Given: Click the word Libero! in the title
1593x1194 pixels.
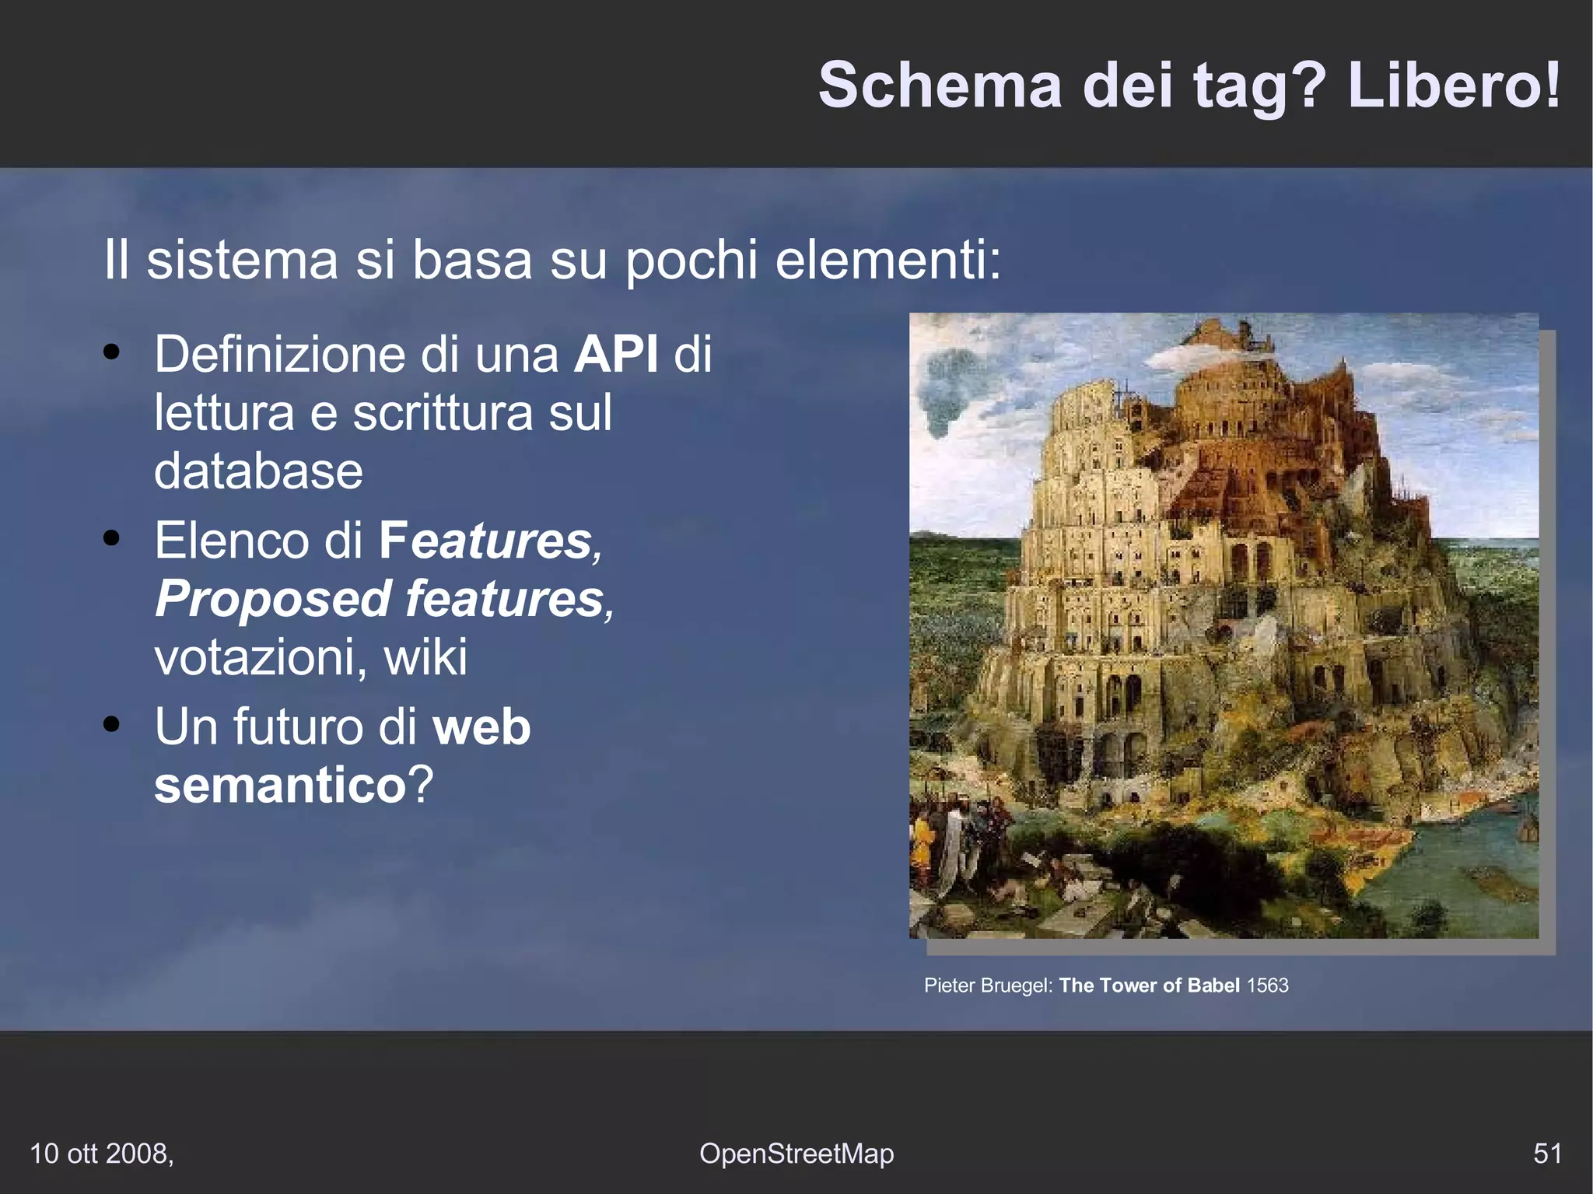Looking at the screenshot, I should [1453, 86].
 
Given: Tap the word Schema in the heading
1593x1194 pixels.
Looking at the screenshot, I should [940, 86].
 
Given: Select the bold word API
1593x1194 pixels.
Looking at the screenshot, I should [616, 355].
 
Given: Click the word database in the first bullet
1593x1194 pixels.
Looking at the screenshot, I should [258, 471].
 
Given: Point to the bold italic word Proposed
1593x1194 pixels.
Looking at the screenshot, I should [273, 599].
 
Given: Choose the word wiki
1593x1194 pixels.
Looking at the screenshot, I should [425, 657].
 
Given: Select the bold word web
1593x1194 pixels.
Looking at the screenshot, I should [481, 727].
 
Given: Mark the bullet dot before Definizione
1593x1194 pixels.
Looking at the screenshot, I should [111, 352].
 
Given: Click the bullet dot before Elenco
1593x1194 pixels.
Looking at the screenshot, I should [111, 537].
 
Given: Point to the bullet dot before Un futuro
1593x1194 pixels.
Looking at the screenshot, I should [111, 723].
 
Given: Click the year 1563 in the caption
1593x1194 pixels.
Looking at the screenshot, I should [1267, 986].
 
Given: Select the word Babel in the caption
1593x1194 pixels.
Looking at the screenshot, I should [1213, 986].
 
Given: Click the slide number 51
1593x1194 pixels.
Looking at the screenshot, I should [1547, 1153].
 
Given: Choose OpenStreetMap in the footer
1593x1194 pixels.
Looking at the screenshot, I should [796, 1153].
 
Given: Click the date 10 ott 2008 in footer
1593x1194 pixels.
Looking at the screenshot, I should [101, 1153].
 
